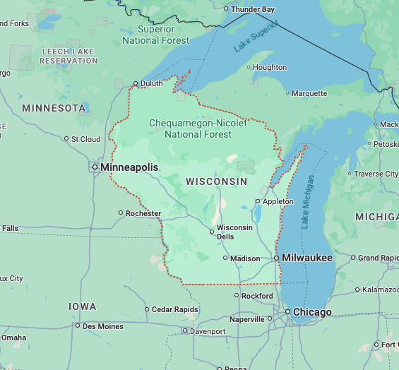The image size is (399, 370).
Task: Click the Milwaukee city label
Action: (x=306, y=258)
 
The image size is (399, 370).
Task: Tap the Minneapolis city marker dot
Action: (x=95, y=167)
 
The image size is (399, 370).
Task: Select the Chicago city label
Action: (x=313, y=312)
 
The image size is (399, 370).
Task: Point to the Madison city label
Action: (x=246, y=258)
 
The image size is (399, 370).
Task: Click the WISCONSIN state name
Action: (x=216, y=181)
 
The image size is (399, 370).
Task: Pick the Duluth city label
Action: (x=151, y=83)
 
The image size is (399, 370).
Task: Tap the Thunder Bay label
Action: (x=253, y=9)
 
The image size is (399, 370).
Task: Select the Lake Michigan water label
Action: (x=307, y=201)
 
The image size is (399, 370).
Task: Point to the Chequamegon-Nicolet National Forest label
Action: (x=198, y=129)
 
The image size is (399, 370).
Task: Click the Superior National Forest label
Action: (x=156, y=35)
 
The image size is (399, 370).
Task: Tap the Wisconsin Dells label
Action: (x=234, y=232)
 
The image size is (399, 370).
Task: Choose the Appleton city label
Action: (x=278, y=201)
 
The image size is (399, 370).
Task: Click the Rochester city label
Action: (x=143, y=213)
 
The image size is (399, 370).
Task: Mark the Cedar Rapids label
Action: (x=174, y=309)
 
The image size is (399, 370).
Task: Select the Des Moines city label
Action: (x=103, y=326)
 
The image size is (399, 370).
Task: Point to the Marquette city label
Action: (x=309, y=93)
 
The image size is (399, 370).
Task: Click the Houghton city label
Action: (x=270, y=68)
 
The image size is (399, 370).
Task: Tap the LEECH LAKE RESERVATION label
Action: (x=69, y=56)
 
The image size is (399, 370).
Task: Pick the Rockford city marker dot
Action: (x=237, y=296)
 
